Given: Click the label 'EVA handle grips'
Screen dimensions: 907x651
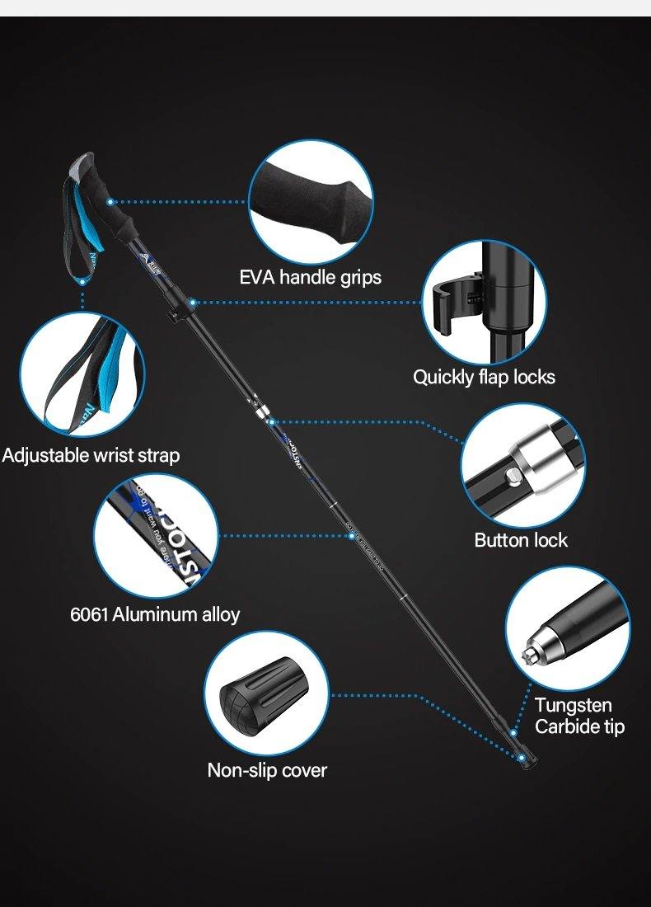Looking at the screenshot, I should pyautogui.click(x=311, y=277).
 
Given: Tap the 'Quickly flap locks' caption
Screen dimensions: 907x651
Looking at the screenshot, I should pyautogui.click(x=484, y=378).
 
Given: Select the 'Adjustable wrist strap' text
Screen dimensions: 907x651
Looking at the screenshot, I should pyautogui.click(x=91, y=455).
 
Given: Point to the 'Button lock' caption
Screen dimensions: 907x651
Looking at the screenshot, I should pyautogui.click(x=521, y=540).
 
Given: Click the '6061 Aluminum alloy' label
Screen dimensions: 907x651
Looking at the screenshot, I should pyautogui.click(x=155, y=614).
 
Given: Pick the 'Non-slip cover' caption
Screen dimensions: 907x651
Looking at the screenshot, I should pyautogui.click(x=267, y=770).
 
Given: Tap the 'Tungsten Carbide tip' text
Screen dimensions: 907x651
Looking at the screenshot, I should pyautogui.click(x=579, y=716).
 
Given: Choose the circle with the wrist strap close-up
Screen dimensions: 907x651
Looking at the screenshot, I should pyautogui.click(x=82, y=374).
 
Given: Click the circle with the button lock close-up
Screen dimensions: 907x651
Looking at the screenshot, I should pyautogui.click(x=522, y=465).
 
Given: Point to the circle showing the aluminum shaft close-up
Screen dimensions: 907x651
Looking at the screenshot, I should pyautogui.click(x=156, y=536).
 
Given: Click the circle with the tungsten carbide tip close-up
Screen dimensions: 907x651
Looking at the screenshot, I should pyautogui.click(x=568, y=628).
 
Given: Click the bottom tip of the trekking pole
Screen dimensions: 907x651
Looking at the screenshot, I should pyautogui.click(x=522, y=759).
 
